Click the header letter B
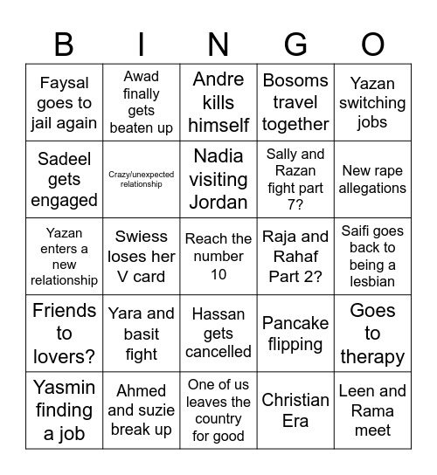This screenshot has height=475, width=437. click(x=64, y=43)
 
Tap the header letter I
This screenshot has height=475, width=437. click(x=142, y=43)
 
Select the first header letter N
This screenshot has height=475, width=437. click(x=218, y=43)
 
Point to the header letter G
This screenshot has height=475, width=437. click(x=295, y=43)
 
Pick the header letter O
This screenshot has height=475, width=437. click(x=372, y=43)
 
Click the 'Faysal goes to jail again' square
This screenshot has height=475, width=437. click(x=64, y=103)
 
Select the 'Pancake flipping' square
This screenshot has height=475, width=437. click(x=295, y=334)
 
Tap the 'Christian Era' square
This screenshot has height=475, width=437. click(x=295, y=410)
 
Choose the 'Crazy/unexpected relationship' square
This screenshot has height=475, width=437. click(x=142, y=180)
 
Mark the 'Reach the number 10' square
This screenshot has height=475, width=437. click(x=218, y=257)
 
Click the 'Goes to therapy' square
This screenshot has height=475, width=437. click(x=372, y=334)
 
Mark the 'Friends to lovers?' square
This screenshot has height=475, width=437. click(x=64, y=334)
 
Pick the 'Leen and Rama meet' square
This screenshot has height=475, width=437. click(x=372, y=410)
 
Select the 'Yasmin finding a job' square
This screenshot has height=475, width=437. click(x=64, y=410)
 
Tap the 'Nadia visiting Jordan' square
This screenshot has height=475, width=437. click(x=218, y=180)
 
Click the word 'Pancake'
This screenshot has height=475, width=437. click(x=295, y=324)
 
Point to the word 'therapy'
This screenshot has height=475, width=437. click(x=372, y=356)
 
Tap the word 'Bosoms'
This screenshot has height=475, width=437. click(x=295, y=81)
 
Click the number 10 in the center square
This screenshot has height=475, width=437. click(x=218, y=274)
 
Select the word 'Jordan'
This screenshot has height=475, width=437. click(x=218, y=202)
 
